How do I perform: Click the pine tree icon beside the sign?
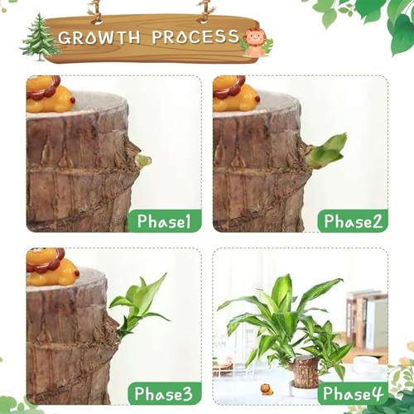pyautogui.click(x=40, y=38)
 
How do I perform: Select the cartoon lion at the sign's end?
pyautogui.click(x=255, y=42)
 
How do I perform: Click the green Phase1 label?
pyautogui.click(x=164, y=220)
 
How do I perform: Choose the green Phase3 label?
pyautogui.click(x=164, y=392)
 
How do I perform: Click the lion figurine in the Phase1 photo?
pyautogui.click(x=48, y=94)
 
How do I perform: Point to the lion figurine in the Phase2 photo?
pyautogui.click(x=235, y=94)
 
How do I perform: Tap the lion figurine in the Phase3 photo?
pyautogui.click(x=50, y=267)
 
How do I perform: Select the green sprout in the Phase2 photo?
pyautogui.click(x=326, y=150)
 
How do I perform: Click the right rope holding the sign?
pyautogui.click(x=205, y=10)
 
